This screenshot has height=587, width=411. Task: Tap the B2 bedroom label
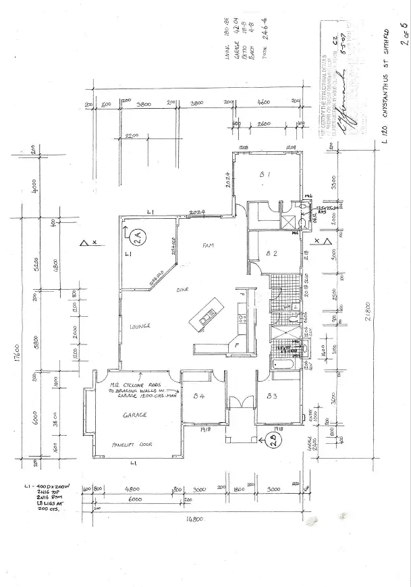tap(271, 254)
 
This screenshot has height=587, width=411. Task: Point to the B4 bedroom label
tap(199, 396)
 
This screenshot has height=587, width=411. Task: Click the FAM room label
tap(208, 246)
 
